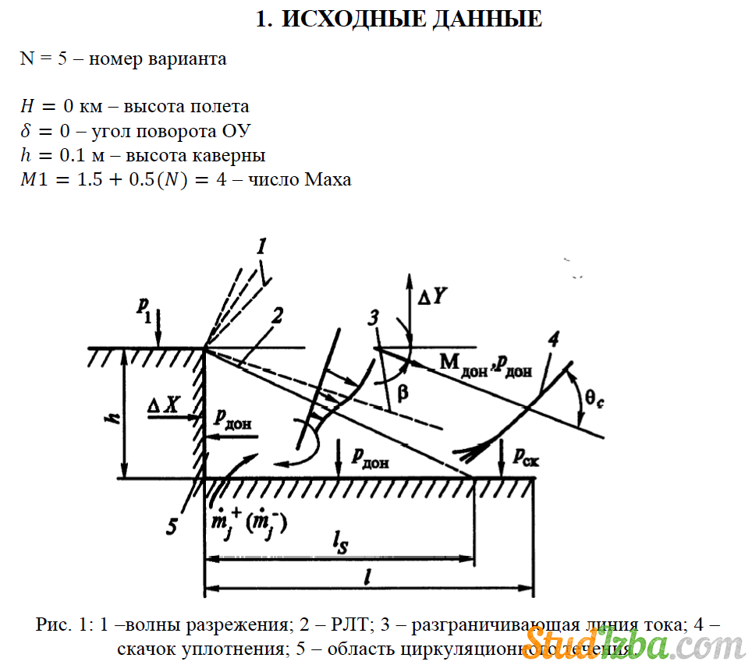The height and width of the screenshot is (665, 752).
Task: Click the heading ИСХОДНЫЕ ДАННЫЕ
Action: coord(399,19)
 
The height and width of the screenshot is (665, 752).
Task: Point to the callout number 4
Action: coord(553,338)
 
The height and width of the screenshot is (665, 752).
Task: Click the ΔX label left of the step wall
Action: coord(165,404)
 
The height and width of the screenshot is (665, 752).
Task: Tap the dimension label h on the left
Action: coord(112,418)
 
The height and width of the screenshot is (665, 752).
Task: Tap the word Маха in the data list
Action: coord(328,179)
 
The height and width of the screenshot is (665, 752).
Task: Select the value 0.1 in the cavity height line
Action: coord(70,155)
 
